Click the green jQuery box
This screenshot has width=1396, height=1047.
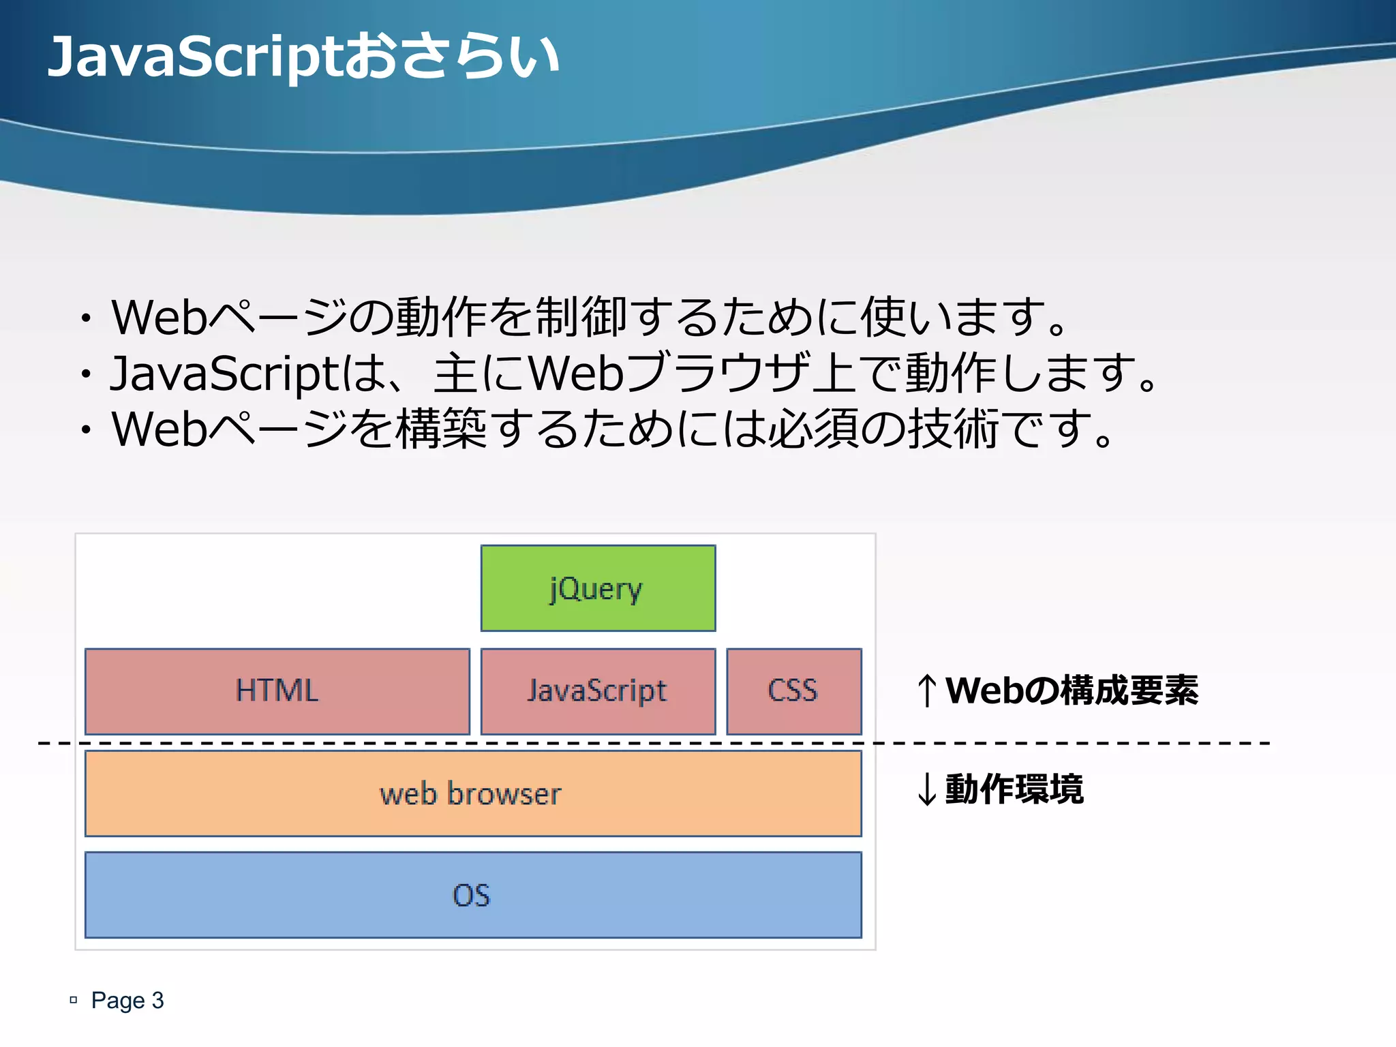598,588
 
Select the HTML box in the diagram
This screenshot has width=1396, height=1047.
277,691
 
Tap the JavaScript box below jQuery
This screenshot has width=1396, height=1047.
598,691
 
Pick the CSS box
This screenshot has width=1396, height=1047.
793,691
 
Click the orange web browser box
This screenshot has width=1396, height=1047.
472,794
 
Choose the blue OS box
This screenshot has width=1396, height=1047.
472,895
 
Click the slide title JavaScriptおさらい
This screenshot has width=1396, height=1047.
303,57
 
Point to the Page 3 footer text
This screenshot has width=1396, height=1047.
127,1000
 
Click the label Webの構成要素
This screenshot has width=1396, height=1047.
1071,691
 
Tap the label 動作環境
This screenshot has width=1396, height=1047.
1014,789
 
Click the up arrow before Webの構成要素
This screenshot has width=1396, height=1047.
926,691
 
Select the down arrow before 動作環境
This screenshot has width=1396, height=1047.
926,790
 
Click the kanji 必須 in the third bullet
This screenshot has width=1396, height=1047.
813,429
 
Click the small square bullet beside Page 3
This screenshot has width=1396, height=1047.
74,1000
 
